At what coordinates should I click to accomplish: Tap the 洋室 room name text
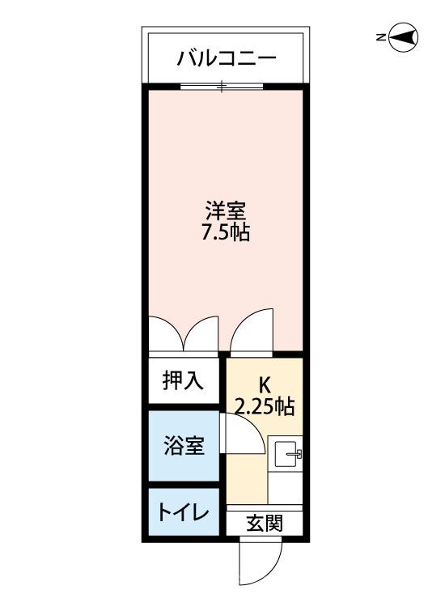click(x=225, y=212)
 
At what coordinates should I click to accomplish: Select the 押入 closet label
click(x=183, y=381)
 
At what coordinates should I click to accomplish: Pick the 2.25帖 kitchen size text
click(x=265, y=407)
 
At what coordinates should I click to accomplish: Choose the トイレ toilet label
click(x=183, y=512)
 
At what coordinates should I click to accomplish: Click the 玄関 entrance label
click(x=264, y=524)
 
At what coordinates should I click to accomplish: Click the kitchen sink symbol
click(x=286, y=456)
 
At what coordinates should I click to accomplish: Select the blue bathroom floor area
click(x=183, y=465)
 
